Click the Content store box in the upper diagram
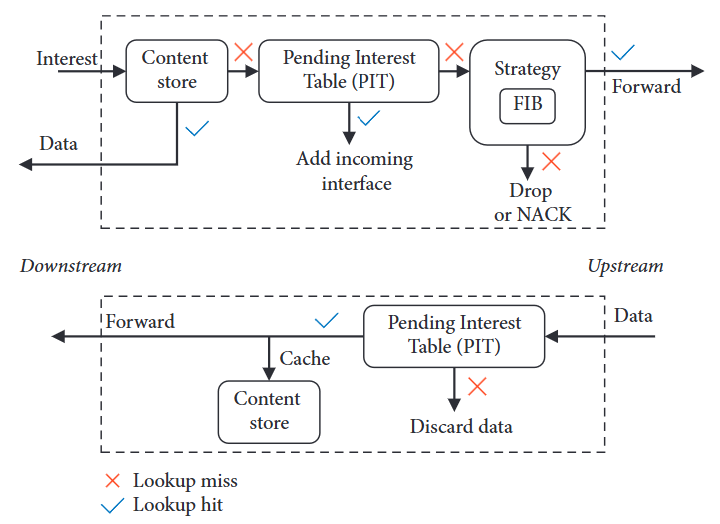coord(175,70)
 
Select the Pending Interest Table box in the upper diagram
coord(349,70)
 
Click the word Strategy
coord(527,70)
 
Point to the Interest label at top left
coord(67,58)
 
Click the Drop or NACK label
coord(533,202)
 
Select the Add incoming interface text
coord(355,171)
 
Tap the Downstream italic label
coord(71,266)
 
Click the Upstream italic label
coord(625,266)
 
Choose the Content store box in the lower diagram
coord(268,411)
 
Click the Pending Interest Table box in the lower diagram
coord(454,336)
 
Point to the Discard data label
coord(461,427)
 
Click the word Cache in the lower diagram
coord(305,359)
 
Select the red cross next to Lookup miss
coord(113,481)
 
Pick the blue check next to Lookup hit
coord(113,505)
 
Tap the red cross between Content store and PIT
coord(242,51)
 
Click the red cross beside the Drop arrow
coord(550,160)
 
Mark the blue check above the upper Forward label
coord(624,51)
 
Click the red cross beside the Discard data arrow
coord(477,386)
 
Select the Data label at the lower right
coord(633,316)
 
